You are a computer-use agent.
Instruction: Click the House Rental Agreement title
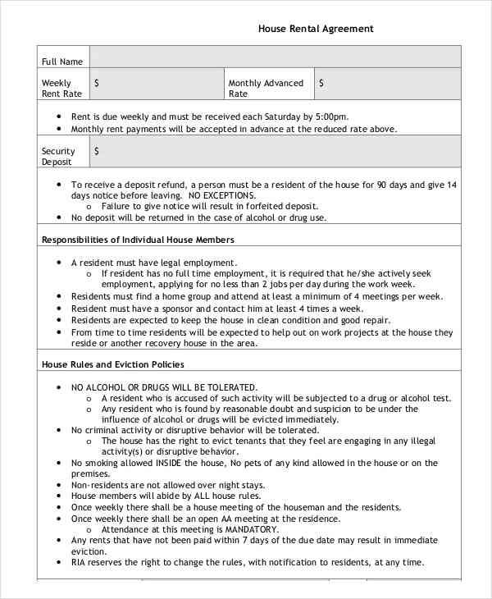coord(316,28)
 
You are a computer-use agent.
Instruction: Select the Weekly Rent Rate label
coord(57,88)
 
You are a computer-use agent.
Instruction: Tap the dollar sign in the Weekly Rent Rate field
coord(98,83)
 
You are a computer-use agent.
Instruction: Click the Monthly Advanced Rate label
coord(266,88)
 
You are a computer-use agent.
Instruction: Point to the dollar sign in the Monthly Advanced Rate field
coord(321,83)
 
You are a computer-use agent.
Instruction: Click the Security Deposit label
coord(58,156)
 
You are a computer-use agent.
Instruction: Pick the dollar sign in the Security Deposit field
coord(98,151)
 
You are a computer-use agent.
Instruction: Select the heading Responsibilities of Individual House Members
coord(138,240)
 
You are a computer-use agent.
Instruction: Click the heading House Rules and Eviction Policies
coord(112,364)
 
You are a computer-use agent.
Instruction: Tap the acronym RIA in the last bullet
coord(80,562)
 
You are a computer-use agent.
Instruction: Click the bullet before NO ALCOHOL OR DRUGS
coord(59,387)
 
